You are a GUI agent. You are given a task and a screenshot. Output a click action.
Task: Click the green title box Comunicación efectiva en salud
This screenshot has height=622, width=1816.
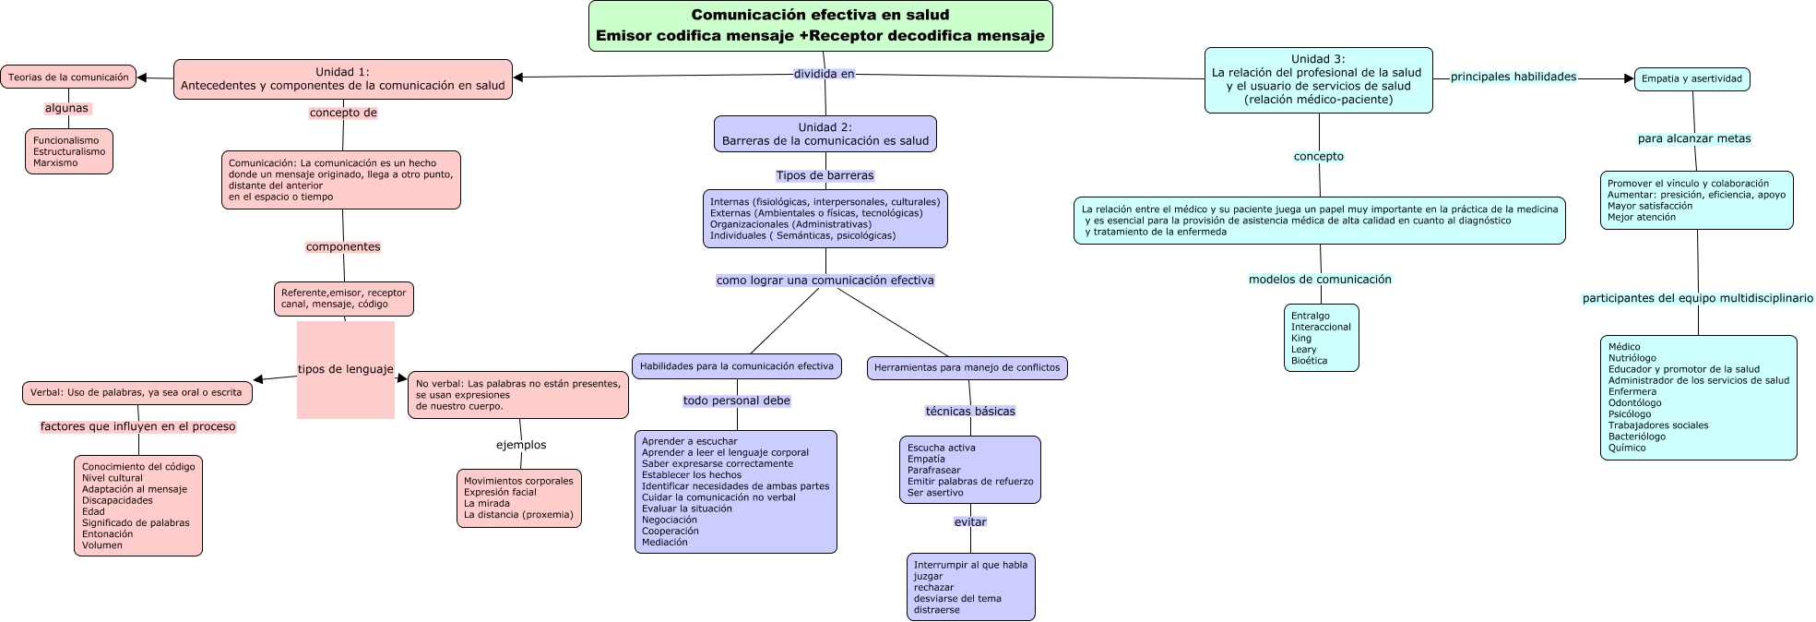click(x=821, y=26)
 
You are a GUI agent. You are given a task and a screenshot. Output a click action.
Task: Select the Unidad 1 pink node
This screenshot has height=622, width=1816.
click(x=343, y=79)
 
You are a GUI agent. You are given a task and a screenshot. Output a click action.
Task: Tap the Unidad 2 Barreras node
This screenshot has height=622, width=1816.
click(x=825, y=134)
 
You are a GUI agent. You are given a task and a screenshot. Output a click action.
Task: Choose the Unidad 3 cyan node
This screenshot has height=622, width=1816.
click(x=1318, y=80)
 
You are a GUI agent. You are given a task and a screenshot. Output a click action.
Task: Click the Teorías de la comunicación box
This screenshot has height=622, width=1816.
click(x=68, y=78)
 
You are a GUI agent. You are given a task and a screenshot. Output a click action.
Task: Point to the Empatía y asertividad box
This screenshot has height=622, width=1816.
click(x=1691, y=79)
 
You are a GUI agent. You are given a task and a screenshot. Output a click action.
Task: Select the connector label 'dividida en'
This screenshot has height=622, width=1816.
click(x=825, y=74)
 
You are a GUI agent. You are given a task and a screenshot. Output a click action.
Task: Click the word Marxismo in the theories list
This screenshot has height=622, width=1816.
click(x=55, y=163)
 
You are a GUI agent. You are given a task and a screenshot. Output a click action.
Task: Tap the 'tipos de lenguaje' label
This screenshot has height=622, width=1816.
click(x=346, y=369)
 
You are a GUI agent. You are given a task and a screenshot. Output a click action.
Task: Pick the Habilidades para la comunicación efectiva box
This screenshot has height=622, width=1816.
click(x=737, y=366)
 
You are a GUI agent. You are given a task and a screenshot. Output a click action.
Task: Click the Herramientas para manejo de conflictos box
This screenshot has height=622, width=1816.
click(x=967, y=368)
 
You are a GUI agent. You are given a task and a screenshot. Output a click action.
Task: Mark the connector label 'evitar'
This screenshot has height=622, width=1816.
click(x=970, y=522)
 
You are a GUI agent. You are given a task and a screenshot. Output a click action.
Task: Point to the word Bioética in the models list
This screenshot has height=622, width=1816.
click(x=1310, y=361)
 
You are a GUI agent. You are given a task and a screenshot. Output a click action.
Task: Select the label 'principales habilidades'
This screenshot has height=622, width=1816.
click(x=1513, y=77)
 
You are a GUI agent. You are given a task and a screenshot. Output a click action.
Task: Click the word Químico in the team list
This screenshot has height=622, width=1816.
click(x=1627, y=449)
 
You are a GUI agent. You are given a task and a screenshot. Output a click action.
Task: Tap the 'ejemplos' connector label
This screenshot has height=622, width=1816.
click(x=521, y=445)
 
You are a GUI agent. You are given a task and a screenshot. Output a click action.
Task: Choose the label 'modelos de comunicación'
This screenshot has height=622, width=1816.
click(x=1320, y=280)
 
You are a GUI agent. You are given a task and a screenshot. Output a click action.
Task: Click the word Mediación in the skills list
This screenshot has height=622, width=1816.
click(x=665, y=543)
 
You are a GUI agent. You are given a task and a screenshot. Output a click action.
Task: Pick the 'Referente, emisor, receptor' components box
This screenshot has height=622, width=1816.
click(x=344, y=299)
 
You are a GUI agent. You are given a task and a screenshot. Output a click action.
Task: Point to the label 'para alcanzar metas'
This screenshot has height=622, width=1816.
click(x=1694, y=139)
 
